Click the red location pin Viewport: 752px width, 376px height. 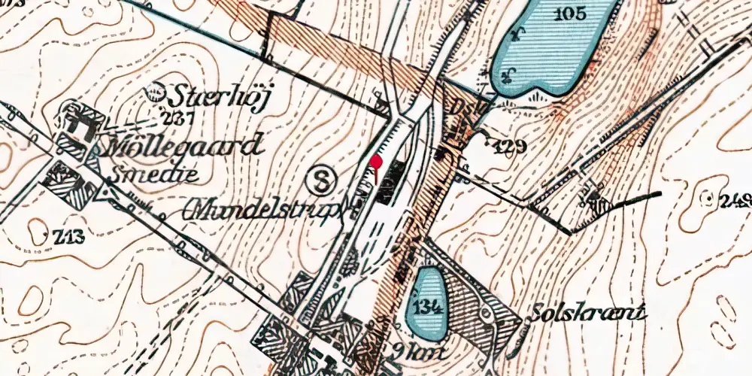(377, 162)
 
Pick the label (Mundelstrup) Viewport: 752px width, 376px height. (268, 210)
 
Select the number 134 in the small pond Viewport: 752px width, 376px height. (426, 307)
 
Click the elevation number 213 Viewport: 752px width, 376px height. (67, 238)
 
